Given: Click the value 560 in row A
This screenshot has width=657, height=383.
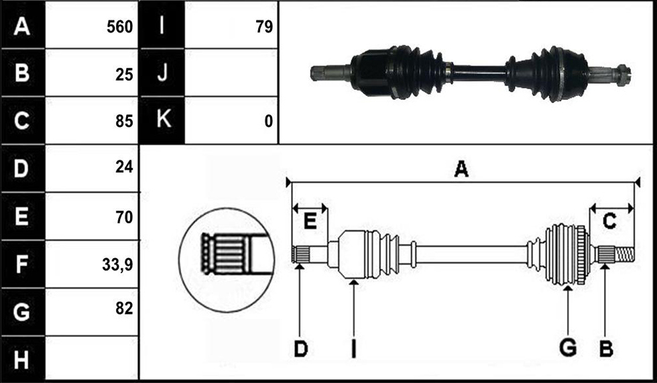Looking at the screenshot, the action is (119, 28).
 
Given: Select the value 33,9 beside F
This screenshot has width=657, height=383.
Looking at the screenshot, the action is (117, 265).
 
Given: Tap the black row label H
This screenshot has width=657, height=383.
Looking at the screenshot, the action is (22, 360).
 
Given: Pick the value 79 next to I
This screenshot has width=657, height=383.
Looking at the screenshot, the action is (264, 28).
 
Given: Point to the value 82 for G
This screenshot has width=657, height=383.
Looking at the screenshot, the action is (124, 309).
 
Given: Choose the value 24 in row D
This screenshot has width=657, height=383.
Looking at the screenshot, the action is (124, 167).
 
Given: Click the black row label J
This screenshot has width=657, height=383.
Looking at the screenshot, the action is (162, 72).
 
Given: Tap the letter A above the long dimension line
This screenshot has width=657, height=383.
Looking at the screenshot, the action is (461, 169).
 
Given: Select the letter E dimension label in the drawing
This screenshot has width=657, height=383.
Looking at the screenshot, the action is (310, 221).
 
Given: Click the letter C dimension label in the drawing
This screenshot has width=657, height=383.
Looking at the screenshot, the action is (609, 221).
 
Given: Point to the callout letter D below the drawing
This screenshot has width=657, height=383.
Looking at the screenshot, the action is (300, 349).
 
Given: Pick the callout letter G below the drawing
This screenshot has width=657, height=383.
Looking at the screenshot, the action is (568, 348).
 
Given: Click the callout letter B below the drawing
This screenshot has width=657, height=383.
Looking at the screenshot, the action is (606, 348).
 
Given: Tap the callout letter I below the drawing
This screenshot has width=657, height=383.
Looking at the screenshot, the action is (353, 349).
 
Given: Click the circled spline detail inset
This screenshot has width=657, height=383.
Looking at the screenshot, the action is (227, 260).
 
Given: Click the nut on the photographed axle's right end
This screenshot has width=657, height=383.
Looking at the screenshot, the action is (623, 75).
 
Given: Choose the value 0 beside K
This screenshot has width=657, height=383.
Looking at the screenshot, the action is (269, 121).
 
